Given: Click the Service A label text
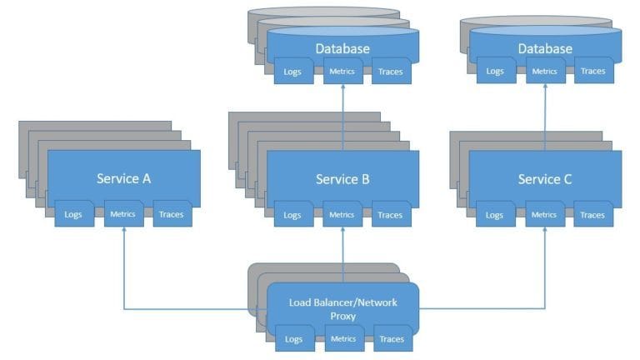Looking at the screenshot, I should [123, 178].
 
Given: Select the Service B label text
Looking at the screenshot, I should [342, 178].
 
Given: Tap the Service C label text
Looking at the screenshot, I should [545, 178].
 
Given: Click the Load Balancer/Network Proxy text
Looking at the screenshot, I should [342, 308].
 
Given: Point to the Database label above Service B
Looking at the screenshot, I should [342, 48].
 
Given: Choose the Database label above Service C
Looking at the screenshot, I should [545, 48].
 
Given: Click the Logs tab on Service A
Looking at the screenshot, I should [74, 215].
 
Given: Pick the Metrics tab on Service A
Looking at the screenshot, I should [123, 214].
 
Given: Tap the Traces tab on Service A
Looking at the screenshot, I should [172, 215].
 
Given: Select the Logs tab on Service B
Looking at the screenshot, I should [292, 215].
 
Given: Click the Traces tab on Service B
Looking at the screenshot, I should [391, 215].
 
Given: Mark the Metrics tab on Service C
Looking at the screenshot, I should [545, 214].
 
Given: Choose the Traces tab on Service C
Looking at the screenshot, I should [593, 215].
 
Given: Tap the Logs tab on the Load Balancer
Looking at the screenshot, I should [292, 339].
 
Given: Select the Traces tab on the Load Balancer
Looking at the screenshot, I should [391, 339].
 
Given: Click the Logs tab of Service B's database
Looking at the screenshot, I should [292, 72].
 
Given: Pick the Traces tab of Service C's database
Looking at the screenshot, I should [593, 72].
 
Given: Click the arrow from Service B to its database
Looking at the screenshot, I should [342, 117].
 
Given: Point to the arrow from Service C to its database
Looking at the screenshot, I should [545, 117].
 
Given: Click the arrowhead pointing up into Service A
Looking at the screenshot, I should [123, 231].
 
